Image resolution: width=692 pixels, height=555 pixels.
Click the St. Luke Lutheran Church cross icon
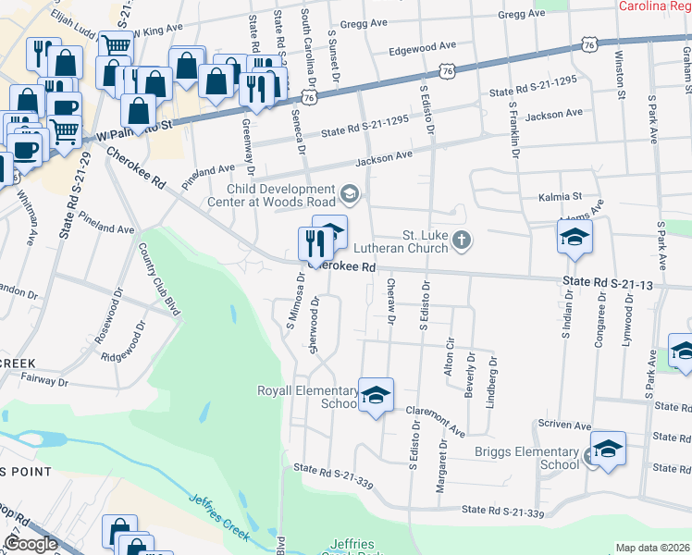463,242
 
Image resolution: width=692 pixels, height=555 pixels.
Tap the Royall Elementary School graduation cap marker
376,395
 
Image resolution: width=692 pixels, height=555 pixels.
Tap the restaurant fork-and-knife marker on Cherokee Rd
312,243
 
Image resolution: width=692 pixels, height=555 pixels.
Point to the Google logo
31,544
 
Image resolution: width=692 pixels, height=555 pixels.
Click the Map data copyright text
652,548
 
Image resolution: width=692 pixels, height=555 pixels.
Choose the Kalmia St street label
560,197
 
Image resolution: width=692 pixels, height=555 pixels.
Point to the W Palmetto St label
133,134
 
